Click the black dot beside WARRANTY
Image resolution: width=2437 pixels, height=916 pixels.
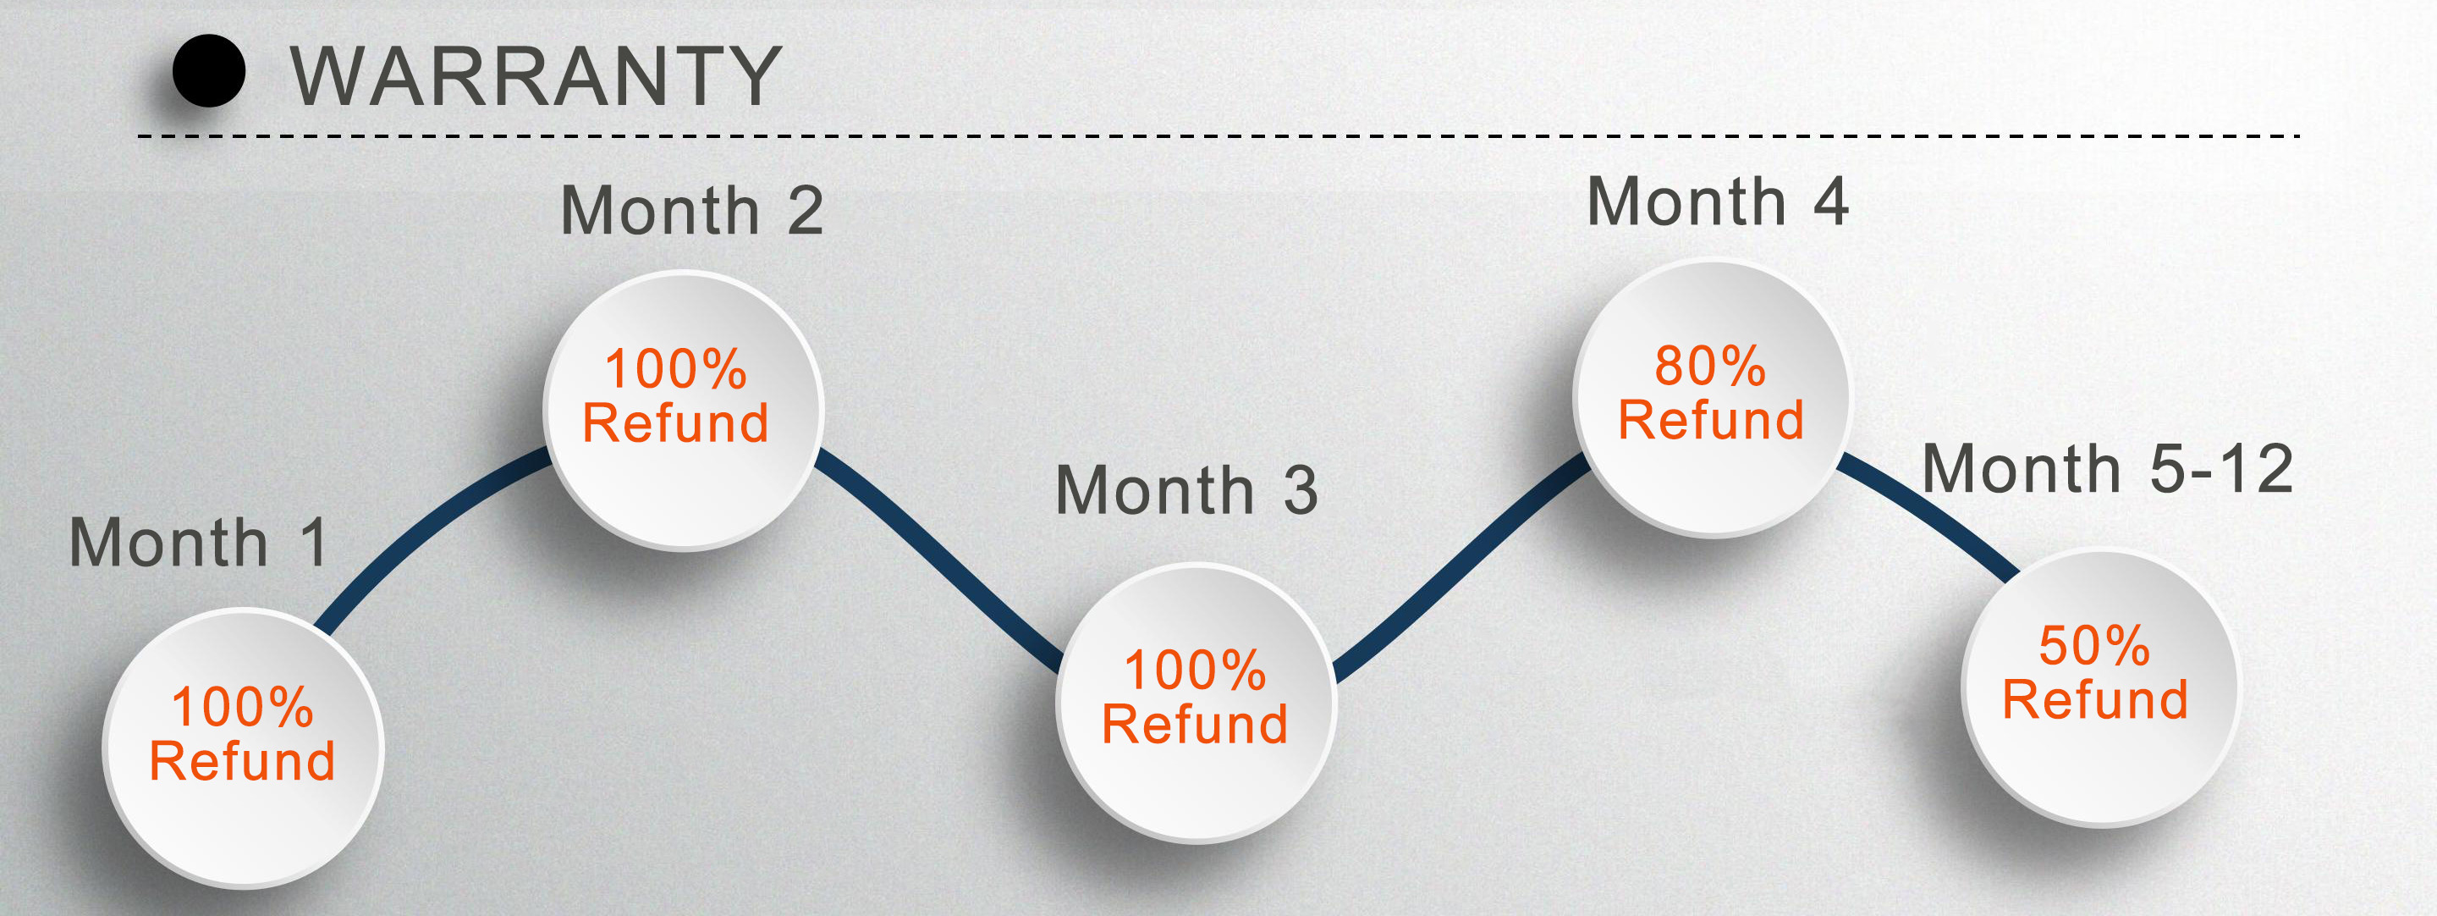tap(209, 71)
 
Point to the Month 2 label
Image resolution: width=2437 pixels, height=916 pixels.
tap(691, 210)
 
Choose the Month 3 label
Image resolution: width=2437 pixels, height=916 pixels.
tap(1186, 490)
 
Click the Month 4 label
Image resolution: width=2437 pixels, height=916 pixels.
tap(1717, 201)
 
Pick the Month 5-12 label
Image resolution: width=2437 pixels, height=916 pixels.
tap(2108, 468)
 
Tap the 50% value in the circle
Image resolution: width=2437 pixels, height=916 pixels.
tap(2094, 645)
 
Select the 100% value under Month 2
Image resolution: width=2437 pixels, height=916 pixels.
tap(675, 368)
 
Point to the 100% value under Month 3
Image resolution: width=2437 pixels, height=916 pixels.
tap(1195, 670)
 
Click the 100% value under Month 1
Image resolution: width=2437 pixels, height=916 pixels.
tap(242, 707)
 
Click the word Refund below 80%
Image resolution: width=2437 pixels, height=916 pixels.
tap(1711, 419)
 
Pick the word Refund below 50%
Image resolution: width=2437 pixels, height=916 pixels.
tap(2095, 699)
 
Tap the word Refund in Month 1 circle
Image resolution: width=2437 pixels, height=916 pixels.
tap(242, 761)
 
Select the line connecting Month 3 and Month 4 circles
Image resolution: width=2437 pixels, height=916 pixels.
tap(1457, 568)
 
